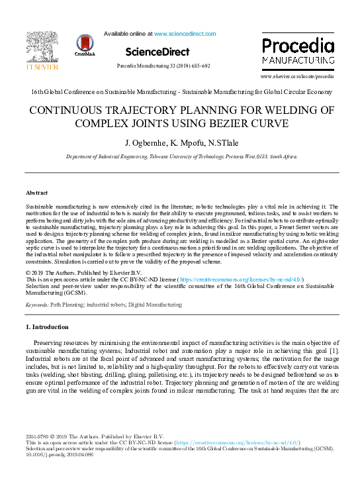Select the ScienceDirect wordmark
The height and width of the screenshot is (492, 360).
pos(157,52)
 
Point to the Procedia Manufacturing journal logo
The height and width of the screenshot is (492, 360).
pos(297,51)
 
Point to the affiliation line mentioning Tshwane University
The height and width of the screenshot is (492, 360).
pos(180,157)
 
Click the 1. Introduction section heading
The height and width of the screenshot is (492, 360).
pos(46,327)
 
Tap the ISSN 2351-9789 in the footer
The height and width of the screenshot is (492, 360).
pos(36,436)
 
